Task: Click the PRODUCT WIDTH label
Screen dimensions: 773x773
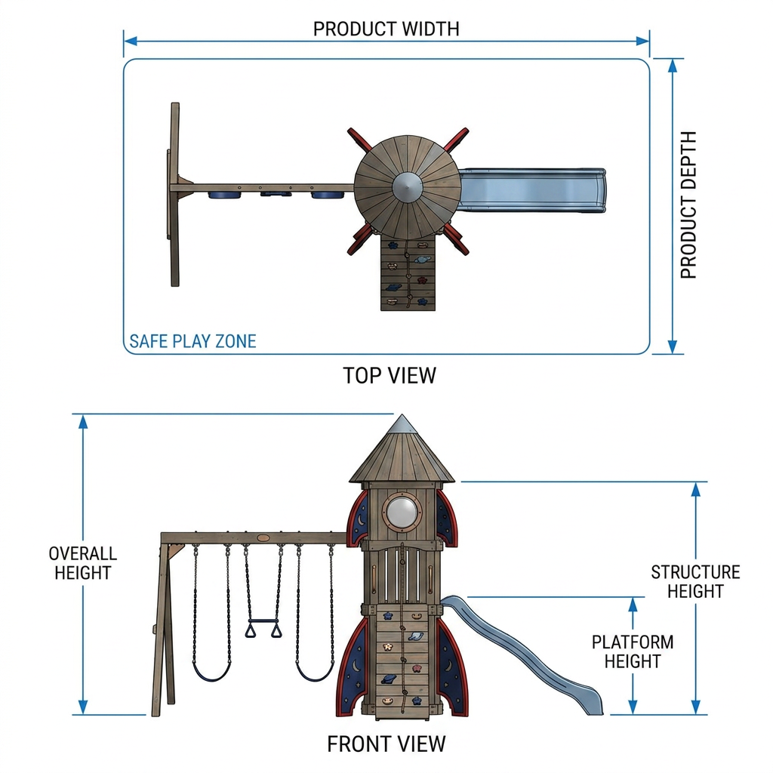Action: (386, 29)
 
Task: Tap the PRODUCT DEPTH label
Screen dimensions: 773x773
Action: (688, 205)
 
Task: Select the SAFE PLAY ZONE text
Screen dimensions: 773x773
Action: (192, 341)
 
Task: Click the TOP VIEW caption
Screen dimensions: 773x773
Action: (390, 376)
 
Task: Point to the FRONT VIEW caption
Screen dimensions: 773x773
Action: (386, 744)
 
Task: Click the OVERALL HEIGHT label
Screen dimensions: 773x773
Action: (83, 563)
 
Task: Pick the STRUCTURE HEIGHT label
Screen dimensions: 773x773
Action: (695, 581)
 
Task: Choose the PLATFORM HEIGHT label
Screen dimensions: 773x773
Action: (633, 651)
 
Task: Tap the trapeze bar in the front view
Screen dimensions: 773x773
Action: (263, 622)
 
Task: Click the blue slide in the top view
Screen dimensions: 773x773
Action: (531, 190)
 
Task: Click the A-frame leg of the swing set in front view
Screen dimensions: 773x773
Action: (160, 626)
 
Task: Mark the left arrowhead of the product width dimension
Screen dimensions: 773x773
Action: (130, 41)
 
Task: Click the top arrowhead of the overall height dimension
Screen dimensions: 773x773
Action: (83, 421)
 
